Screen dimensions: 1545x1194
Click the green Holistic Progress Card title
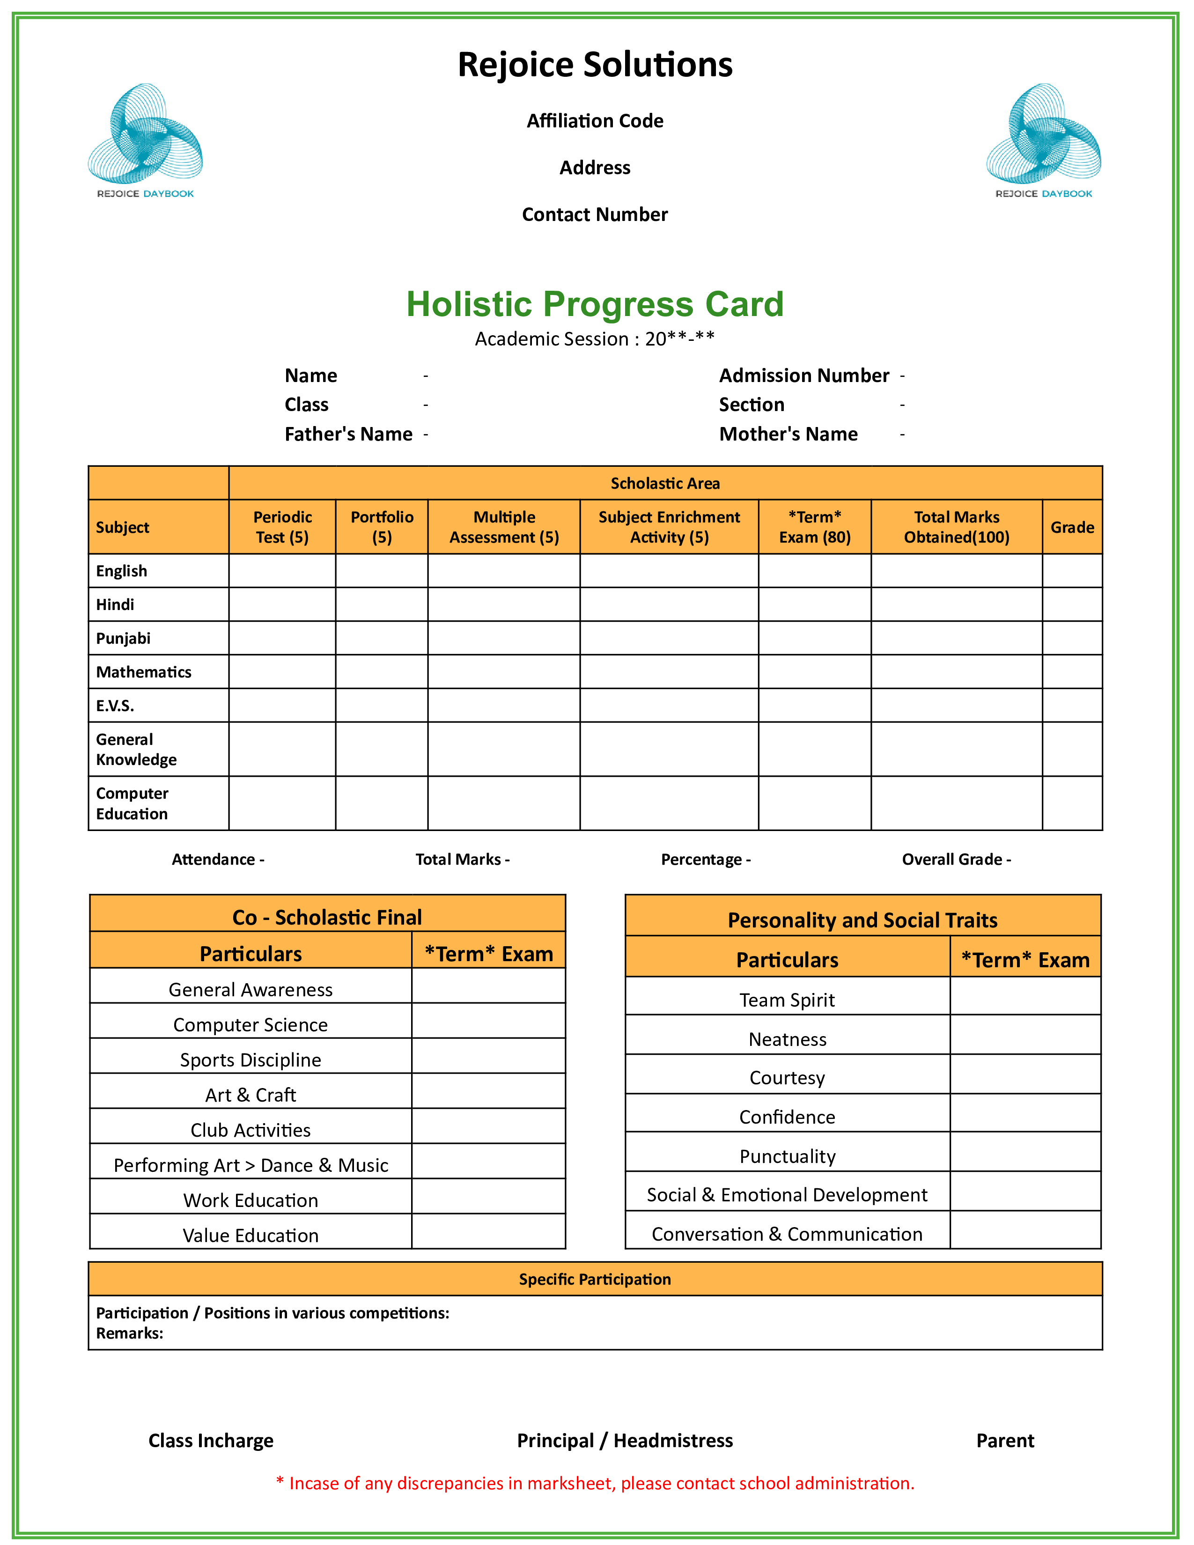pos(595,304)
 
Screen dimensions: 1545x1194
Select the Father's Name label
pos(348,434)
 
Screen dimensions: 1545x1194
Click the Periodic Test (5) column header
pos(282,527)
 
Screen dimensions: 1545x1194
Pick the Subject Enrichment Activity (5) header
pos(669,527)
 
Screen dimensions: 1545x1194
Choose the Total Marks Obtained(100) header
pos(956,527)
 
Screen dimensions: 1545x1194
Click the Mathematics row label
pos(144,672)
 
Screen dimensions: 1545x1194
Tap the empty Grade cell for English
pos(1072,571)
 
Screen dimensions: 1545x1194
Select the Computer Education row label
pos(132,803)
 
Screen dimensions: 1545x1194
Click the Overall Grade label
pos(956,860)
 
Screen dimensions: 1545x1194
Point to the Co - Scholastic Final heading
pos(327,918)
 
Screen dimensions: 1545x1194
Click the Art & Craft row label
pos(251,1095)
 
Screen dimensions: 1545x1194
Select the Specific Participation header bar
pos(595,1279)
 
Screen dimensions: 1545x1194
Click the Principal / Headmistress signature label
pos(625,1441)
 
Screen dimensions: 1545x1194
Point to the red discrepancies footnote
pos(595,1484)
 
